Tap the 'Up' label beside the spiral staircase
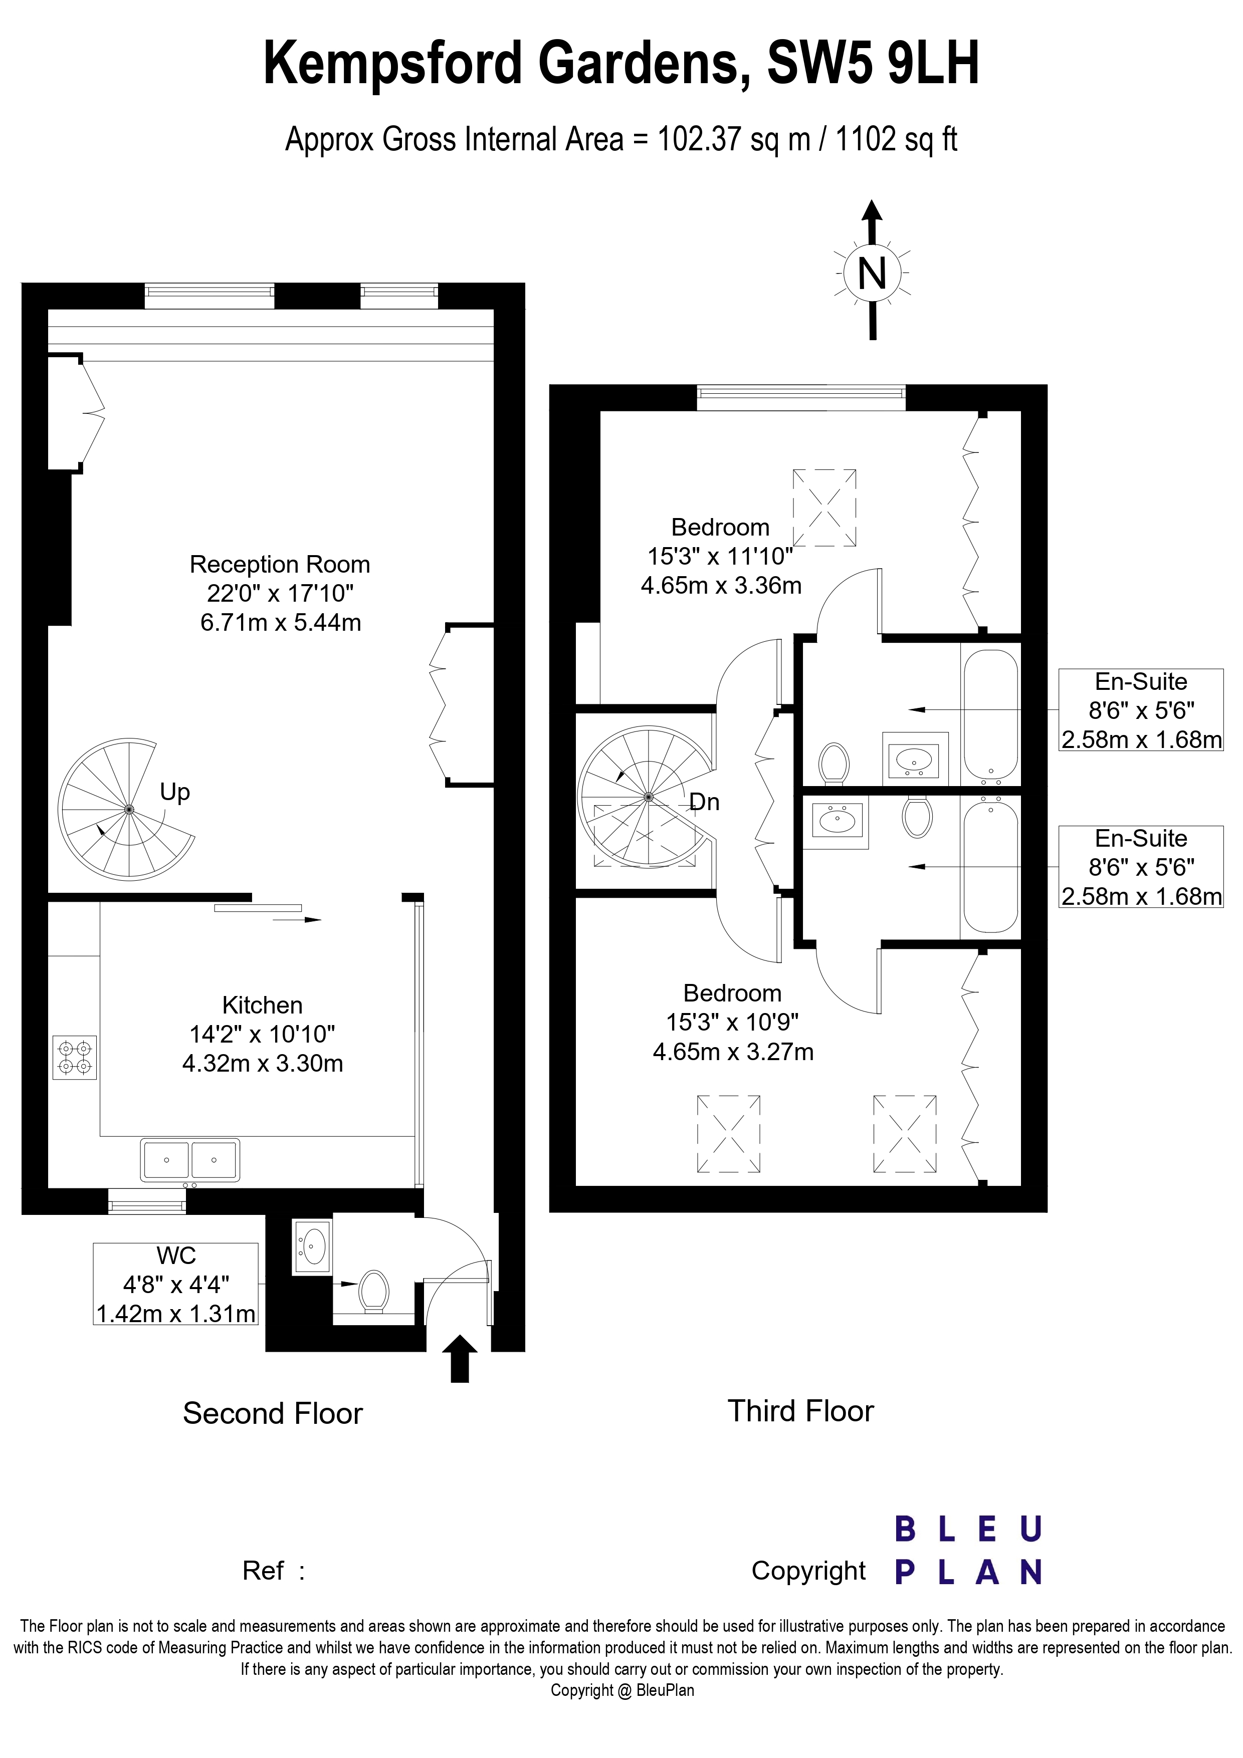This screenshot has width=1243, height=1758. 174,793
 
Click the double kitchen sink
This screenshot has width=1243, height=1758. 190,1160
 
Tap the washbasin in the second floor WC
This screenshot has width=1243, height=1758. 312,1246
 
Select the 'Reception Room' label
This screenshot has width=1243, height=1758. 280,564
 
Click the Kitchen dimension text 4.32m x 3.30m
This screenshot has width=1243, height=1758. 263,1064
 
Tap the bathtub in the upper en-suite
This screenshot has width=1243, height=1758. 990,714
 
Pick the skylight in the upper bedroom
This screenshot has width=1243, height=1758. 824,508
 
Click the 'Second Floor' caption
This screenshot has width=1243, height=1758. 273,1413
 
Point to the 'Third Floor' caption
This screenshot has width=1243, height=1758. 800,1411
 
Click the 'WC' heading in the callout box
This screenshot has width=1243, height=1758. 176,1255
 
